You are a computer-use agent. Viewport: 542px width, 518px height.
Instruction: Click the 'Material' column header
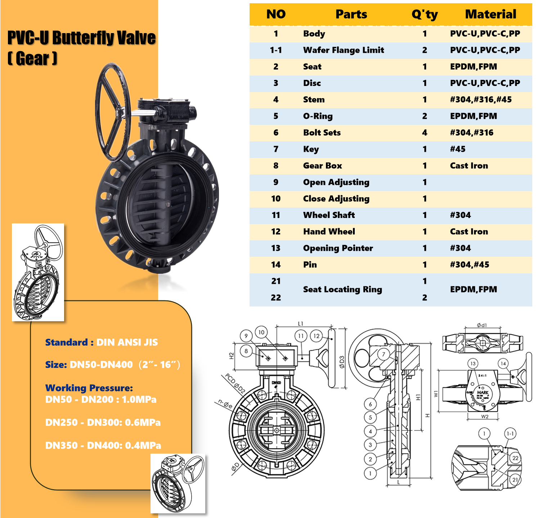tap(491, 14)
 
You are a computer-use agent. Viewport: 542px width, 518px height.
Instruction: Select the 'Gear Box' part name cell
tap(322, 166)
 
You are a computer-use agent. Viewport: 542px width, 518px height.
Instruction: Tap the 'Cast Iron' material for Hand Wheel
tap(469, 232)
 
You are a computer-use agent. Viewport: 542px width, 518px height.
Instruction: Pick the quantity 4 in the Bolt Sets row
tap(425, 133)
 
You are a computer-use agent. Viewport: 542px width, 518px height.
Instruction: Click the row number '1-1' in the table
tap(276, 50)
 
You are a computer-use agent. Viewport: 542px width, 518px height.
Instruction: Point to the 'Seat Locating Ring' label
tap(342, 290)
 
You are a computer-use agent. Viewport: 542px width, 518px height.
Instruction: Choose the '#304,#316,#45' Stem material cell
tap(481, 100)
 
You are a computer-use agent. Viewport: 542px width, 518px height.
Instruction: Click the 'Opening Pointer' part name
tap(338, 248)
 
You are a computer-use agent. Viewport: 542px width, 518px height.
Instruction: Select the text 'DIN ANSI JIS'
tap(127, 342)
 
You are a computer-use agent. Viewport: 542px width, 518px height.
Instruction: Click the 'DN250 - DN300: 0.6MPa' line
tap(103, 422)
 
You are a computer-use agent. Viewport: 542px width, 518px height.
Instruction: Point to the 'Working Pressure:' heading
tap(89, 388)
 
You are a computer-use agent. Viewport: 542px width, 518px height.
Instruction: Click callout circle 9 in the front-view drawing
tap(246, 336)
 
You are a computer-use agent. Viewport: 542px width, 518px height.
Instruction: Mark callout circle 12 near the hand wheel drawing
tap(316, 336)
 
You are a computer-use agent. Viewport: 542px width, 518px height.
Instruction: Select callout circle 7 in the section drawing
tap(384, 354)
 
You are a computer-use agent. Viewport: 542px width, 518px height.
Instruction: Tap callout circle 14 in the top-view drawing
tap(503, 364)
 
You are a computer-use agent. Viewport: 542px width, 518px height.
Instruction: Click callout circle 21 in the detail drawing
tap(515, 480)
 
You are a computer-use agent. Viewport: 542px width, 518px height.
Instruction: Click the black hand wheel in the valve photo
tap(113, 112)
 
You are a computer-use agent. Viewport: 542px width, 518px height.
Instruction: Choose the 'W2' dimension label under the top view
tap(485, 417)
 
